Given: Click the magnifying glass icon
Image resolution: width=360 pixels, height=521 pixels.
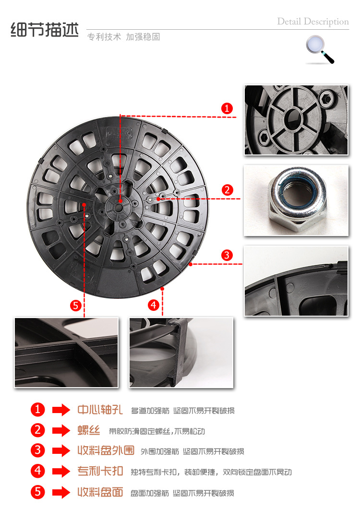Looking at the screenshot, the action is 320,49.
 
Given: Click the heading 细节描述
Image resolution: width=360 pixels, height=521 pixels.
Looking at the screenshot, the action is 45,30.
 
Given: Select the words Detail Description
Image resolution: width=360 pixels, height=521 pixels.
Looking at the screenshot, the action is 313,22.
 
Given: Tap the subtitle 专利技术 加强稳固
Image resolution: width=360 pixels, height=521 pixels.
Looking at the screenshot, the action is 124,36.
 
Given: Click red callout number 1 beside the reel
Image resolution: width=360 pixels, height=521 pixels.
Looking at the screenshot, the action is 227,108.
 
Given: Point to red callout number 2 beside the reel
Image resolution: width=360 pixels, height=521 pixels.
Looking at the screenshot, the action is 227,190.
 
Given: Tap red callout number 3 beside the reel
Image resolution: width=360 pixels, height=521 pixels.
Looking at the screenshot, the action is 227,255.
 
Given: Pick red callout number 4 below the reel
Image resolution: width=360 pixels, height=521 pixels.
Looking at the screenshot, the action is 153,305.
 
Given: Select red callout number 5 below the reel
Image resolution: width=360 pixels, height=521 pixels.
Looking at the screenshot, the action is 76,306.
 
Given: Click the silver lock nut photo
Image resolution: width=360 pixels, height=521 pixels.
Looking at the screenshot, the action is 296,201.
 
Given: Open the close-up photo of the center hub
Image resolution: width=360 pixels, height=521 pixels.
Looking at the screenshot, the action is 296,120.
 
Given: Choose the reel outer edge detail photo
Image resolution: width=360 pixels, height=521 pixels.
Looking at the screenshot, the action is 296,281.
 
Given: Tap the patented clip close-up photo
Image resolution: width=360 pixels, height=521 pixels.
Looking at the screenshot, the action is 181,353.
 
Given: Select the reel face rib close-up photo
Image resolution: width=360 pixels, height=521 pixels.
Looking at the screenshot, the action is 66,353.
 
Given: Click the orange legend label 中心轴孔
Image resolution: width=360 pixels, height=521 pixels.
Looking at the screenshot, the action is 100,410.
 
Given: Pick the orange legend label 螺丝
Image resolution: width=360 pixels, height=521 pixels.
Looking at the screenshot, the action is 89,430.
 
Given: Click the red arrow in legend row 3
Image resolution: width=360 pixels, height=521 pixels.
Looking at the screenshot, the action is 61,450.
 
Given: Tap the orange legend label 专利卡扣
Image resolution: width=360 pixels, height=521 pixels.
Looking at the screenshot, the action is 100,471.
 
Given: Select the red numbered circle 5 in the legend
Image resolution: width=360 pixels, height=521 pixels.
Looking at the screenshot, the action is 37,492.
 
